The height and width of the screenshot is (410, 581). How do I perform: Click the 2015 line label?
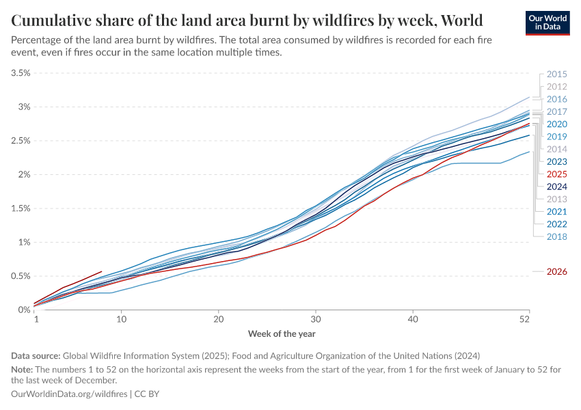click(x=557, y=74)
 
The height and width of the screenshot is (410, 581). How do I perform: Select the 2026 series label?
click(x=557, y=272)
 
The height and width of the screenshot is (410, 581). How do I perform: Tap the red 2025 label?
click(x=557, y=174)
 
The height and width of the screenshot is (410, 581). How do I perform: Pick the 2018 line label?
click(x=557, y=236)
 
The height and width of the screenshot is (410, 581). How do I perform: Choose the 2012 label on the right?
click(x=557, y=87)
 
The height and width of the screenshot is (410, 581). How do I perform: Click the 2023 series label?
click(x=557, y=162)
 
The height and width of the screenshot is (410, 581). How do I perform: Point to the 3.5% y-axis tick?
click(x=20, y=73)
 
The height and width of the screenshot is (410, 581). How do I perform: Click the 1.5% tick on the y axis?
click(x=20, y=208)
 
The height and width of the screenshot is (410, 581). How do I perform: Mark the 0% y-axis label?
click(x=24, y=310)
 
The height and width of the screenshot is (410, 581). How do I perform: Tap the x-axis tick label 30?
click(x=316, y=320)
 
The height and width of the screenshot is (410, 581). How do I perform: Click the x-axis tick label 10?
click(x=121, y=320)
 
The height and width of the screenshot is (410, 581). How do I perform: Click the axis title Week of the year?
click(x=282, y=333)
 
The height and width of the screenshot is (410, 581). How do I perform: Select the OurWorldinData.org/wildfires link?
click(x=70, y=394)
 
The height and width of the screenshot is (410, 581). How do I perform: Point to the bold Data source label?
click(x=36, y=356)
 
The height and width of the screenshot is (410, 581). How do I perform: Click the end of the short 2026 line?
click(x=101, y=271)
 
